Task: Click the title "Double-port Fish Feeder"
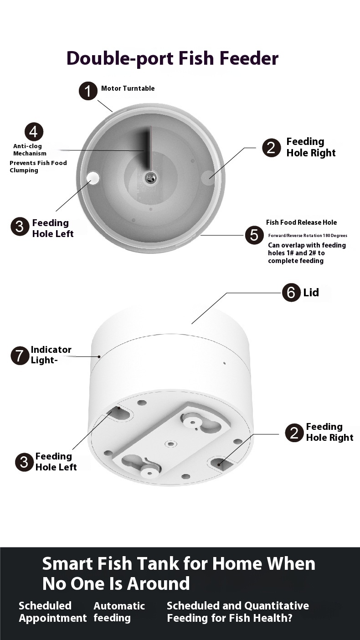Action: pos(172,59)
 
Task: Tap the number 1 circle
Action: pos(88,91)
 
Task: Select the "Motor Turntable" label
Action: pos(128,88)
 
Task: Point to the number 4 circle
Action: pos(33,132)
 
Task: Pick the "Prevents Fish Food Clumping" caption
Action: pos(38,166)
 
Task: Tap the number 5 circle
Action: pos(254,235)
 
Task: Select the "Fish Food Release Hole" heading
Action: pos(301,222)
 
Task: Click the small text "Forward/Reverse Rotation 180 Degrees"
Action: pos(307,236)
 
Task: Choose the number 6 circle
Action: pos(291,292)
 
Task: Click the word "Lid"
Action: pos(311,293)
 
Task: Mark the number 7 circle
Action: pos(20,356)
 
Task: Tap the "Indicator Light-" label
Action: pos(51,355)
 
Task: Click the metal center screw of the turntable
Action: pos(150,178)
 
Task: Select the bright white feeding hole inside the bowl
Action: pos(93,178)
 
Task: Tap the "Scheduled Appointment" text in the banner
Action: pos(52,612)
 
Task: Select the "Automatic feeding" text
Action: pos(119,612)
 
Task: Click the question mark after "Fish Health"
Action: pos(288,618)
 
